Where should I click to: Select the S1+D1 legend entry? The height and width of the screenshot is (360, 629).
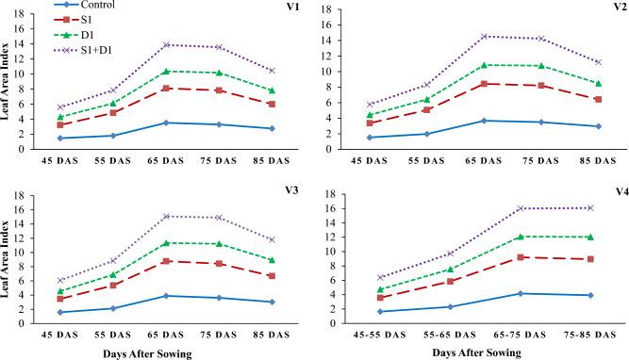point(93,50)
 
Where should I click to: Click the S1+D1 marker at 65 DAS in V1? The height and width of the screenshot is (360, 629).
point(166,44)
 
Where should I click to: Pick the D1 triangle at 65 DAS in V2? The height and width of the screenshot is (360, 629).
point(483,65)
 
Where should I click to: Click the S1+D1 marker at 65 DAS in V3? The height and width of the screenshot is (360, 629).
point(166,216)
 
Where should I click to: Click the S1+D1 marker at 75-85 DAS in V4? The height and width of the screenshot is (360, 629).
point(590,207)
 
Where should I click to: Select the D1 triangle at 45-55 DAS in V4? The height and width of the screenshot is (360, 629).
point(381,289)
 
